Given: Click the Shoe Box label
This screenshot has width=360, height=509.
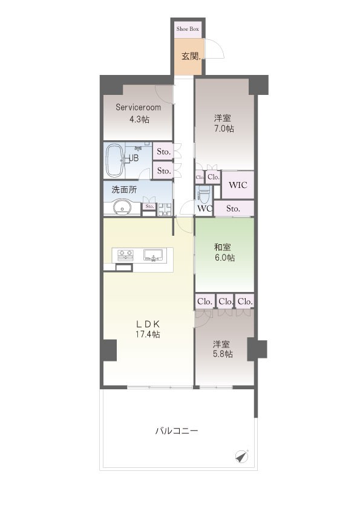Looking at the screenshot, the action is (188, 29).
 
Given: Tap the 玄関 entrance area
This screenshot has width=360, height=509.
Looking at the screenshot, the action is (188, 56).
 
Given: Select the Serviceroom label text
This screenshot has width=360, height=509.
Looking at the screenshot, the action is (138, 108).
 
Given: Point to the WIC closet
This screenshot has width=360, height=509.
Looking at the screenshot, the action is (238, 185).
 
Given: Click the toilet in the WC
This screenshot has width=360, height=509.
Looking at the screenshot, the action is (203, 193).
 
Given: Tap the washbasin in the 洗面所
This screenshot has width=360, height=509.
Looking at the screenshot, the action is (122, 207).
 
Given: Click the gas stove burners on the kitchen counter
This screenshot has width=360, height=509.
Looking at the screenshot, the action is (125, 255).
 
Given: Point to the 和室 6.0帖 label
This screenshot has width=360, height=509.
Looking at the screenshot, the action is (224, 253).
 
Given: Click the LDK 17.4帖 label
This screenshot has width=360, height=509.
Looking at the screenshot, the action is (148, 329).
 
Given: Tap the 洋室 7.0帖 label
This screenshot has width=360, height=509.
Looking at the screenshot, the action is (224, 123).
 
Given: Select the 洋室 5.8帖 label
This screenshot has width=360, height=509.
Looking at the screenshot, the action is (223, 349).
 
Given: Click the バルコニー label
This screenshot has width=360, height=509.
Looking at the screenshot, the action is (177, 431).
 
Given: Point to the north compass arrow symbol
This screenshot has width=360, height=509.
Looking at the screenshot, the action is (242, 456).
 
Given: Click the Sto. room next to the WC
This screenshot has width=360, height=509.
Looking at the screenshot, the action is (234, 209).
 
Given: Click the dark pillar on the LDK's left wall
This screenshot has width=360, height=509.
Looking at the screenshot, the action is (110, 350).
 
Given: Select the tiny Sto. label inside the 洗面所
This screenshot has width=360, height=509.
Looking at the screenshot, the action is (149, 206).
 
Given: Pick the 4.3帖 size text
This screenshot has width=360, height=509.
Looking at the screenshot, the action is (139, 120).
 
